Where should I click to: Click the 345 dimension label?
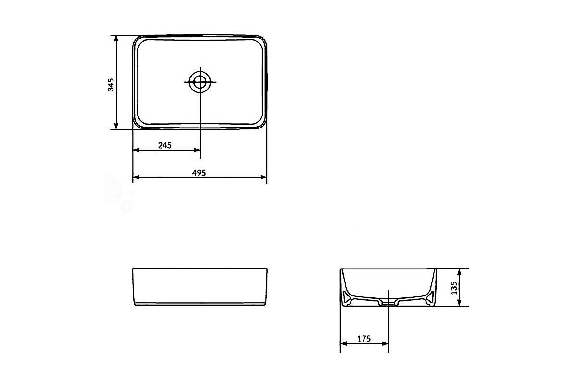111,85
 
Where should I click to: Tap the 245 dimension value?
165,145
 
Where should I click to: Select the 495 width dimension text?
199,173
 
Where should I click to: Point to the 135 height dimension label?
454,288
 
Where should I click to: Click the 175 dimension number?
364,339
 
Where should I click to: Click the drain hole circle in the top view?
200,82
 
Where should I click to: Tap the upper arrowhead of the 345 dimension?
116,38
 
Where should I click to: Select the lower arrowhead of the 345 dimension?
116,126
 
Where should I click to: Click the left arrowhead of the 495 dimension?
136,177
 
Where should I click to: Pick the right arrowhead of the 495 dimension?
263,177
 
